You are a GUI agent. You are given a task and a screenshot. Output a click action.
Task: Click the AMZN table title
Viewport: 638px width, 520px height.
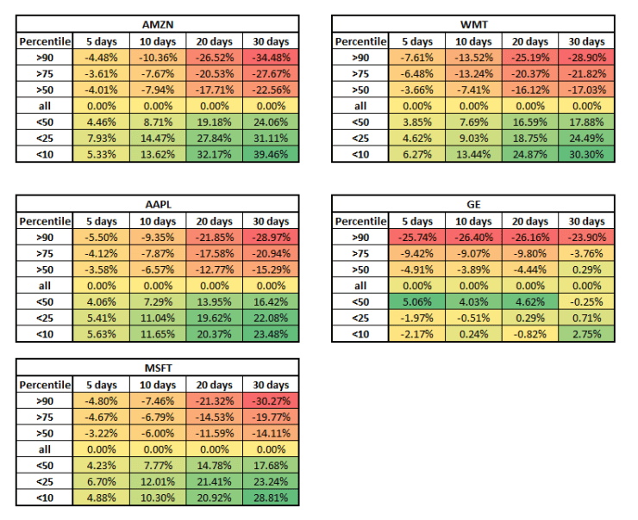click(x=158, y=23)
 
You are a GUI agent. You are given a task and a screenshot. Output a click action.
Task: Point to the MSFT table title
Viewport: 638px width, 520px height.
click(x=158, y=368)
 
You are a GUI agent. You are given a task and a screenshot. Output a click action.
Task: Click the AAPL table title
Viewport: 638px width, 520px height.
click(x=158, y=204)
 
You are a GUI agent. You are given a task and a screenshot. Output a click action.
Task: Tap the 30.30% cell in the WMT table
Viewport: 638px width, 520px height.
click(x=585, y=155)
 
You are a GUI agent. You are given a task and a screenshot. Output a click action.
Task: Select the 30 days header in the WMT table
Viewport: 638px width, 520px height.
click(x=585, y=41)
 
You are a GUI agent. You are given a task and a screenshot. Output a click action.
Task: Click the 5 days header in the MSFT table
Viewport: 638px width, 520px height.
click(x=102, y=385)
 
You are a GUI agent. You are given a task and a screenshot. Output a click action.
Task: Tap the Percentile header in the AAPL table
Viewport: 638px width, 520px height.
click(x=46, y=221)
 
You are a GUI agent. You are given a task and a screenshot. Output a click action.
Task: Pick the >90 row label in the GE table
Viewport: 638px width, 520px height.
click(x=360, y=238)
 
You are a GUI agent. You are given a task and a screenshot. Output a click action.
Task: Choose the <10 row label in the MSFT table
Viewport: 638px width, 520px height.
click(x=46, y=499)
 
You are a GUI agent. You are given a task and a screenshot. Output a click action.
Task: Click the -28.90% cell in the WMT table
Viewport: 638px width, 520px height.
click(x=585, y=58)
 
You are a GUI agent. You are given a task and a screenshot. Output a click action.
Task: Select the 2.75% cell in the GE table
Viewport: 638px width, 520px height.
click(x=585, y=336)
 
